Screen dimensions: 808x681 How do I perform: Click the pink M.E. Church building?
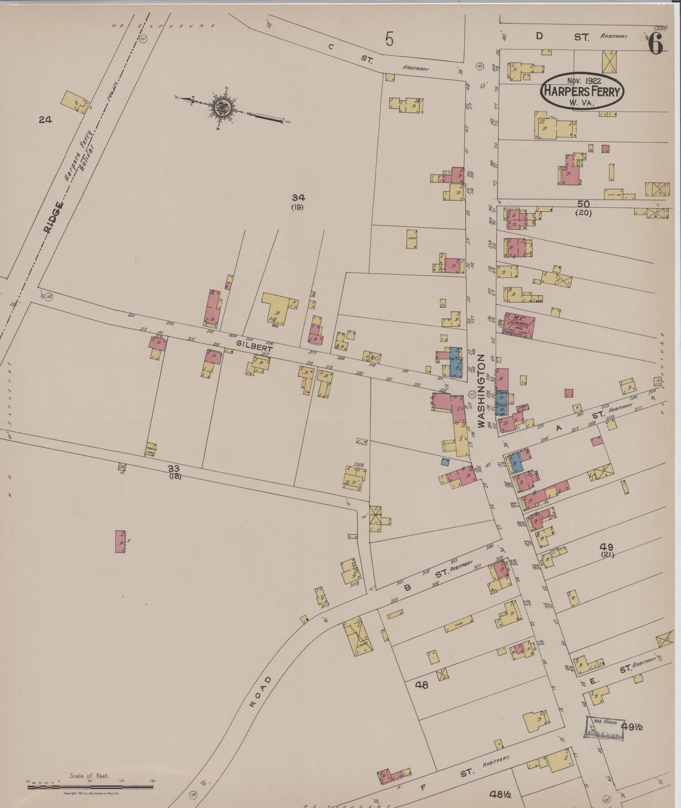(519, 326)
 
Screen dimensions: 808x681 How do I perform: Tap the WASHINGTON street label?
(481, 391)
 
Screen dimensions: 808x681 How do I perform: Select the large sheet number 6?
(655, 45)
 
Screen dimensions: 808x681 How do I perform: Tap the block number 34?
(298, 198)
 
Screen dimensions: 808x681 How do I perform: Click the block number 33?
(174, 468)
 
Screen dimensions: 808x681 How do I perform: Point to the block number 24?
(45, 120)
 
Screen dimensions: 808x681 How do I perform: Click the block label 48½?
(500, 794)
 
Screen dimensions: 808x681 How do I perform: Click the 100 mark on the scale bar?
(121, 781)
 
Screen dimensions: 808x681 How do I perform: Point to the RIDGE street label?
(53, 218)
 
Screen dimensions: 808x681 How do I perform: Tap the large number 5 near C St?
(389, 39)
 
